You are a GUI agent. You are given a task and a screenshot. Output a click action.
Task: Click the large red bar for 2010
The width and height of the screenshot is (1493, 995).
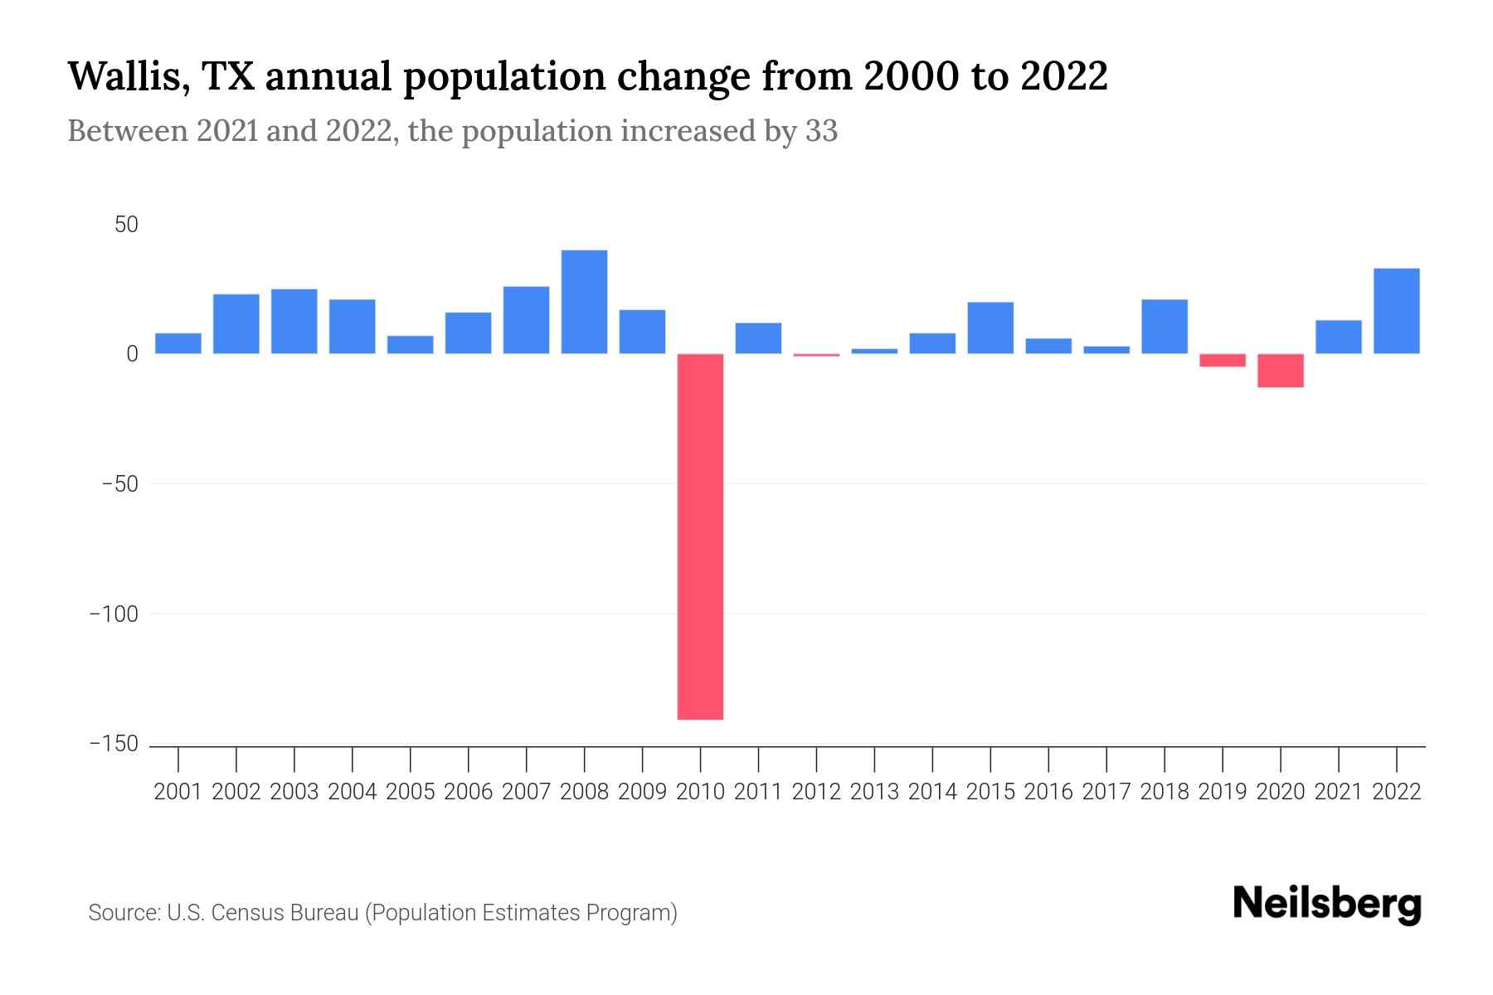coord(700,536)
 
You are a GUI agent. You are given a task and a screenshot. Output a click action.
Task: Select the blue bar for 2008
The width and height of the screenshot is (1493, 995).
coord(584,302)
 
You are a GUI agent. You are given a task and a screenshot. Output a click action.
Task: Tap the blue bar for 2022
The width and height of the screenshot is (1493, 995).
coord(1396,311)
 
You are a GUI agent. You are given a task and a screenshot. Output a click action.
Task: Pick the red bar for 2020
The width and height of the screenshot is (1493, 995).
coord(1280,371)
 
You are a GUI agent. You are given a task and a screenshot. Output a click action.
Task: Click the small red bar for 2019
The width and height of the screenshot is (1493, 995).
coord(1222,360)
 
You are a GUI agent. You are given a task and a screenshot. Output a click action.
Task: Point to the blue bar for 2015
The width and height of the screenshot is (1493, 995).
coord(990,328)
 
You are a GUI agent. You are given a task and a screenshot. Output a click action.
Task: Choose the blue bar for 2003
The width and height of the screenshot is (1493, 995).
coord(294,322)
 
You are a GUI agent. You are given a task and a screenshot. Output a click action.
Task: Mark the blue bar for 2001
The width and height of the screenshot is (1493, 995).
coord(178,343)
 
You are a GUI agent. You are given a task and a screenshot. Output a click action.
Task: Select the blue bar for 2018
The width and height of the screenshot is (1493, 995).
coord(1164,327)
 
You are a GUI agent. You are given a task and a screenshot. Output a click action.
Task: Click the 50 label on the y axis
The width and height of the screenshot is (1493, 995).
coord(126,225)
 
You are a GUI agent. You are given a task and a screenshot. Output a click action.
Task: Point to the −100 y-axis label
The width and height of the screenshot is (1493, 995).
coord(114,614)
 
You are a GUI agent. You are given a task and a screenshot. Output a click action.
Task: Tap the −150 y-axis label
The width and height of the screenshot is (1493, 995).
coord(114,745)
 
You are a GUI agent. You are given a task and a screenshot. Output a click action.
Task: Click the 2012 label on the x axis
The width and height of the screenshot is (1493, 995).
coord(816,792)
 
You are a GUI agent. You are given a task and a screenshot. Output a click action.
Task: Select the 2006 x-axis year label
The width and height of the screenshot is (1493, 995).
coord(468,792)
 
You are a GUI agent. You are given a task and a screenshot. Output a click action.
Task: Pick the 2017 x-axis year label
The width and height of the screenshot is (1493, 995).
coord(1106,792)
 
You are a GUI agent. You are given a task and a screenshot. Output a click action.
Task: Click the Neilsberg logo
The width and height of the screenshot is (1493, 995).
coord(1327,904)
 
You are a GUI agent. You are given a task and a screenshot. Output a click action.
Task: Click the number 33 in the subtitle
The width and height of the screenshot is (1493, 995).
coord(821,131)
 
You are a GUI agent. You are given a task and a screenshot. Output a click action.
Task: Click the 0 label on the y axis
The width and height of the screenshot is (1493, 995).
coord(132,354)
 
